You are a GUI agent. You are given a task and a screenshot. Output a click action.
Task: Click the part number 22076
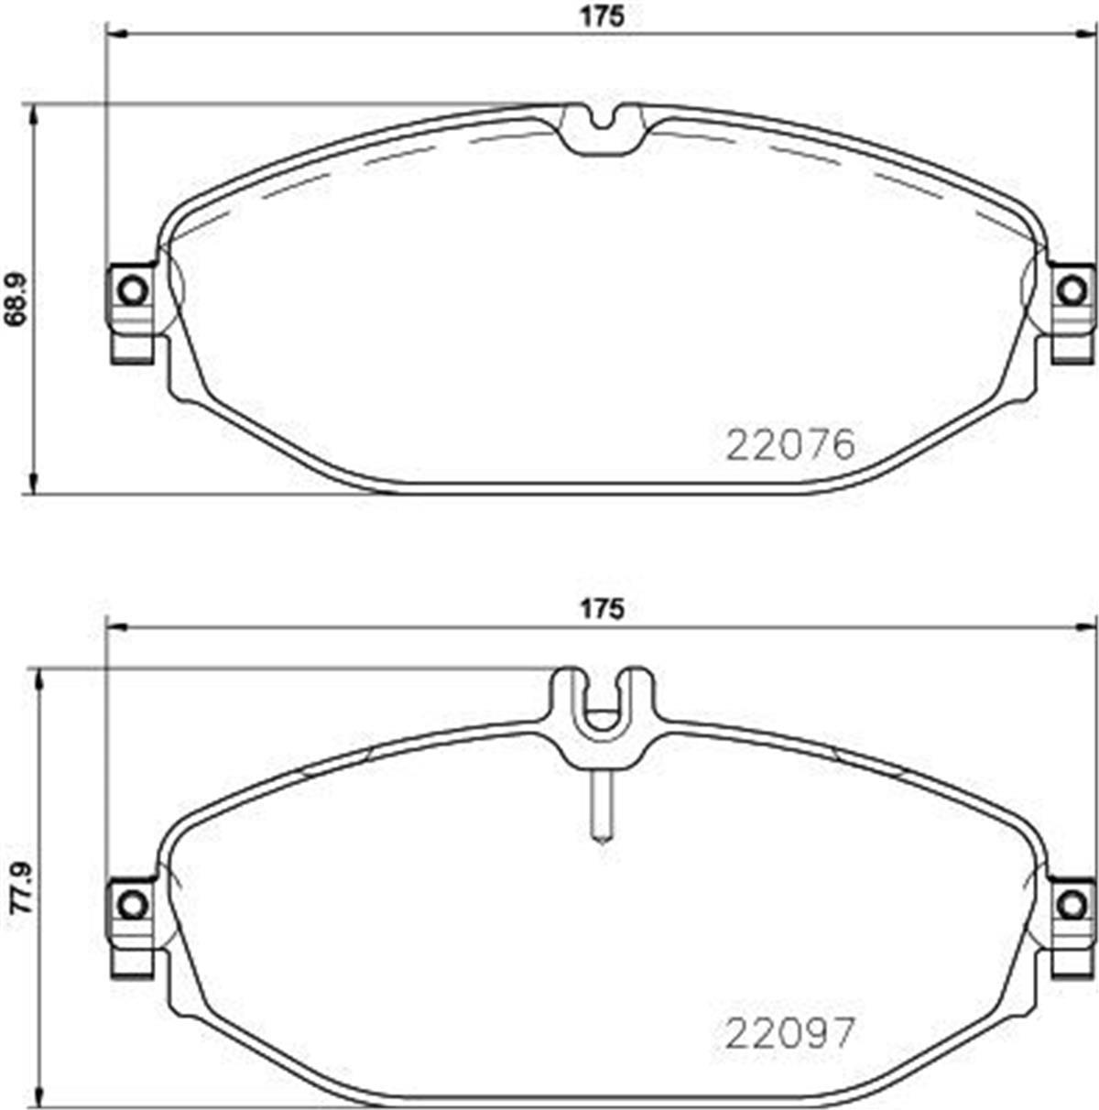790,446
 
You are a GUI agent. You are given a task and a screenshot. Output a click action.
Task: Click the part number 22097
790,1034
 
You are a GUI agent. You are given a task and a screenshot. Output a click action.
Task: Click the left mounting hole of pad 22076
133,290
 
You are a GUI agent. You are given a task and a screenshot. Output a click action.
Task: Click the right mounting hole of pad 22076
1069,290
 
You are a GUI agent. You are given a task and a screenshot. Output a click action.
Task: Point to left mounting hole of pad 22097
133,905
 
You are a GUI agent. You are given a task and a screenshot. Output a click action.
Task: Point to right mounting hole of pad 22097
1069,905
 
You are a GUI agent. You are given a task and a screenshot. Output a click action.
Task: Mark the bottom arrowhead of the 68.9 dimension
35,485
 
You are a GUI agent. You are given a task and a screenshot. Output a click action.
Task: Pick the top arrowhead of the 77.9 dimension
38,679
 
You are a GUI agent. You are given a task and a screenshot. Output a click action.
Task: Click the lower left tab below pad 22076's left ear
131,349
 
